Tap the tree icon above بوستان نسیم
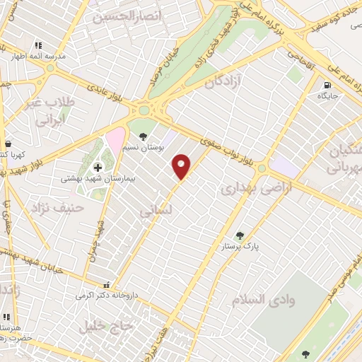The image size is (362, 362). click(143, 136)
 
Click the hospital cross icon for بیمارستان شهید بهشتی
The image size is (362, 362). click(98, 167)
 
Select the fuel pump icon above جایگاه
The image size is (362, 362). click(326, 83)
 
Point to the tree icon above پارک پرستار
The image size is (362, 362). click(240, 235)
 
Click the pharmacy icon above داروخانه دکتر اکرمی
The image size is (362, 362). click(106, 284)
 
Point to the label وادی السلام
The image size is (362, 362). click(262, 300)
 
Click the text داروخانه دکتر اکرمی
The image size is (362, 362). click(106, 295)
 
